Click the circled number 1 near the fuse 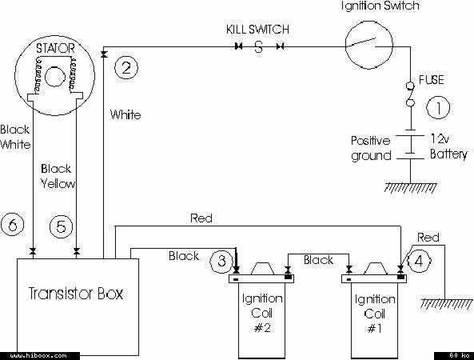[x=438, y=107]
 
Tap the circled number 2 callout [x=126, y=67]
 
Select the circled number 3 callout [x=221, y=261]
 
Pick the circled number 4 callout [x=419, y=261]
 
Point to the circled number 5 [x=61, y=226]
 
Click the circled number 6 [x=13, y=225]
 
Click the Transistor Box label [x=76, y=294]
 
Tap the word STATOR [x=55, y=49]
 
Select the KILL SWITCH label [x=257, y=30]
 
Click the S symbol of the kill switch [x=258, y=47]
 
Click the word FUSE [x=432, y=80]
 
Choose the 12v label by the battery [x=440, y=138]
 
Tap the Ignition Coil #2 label [x=262, y=313]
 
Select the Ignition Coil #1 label [x=375, y=314]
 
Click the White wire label [x=125, y=115]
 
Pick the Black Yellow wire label [x=58, y=176]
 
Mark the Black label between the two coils [x=318, y=260]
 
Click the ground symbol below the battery [x=410, y=187]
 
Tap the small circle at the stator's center [x=54, y=77]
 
